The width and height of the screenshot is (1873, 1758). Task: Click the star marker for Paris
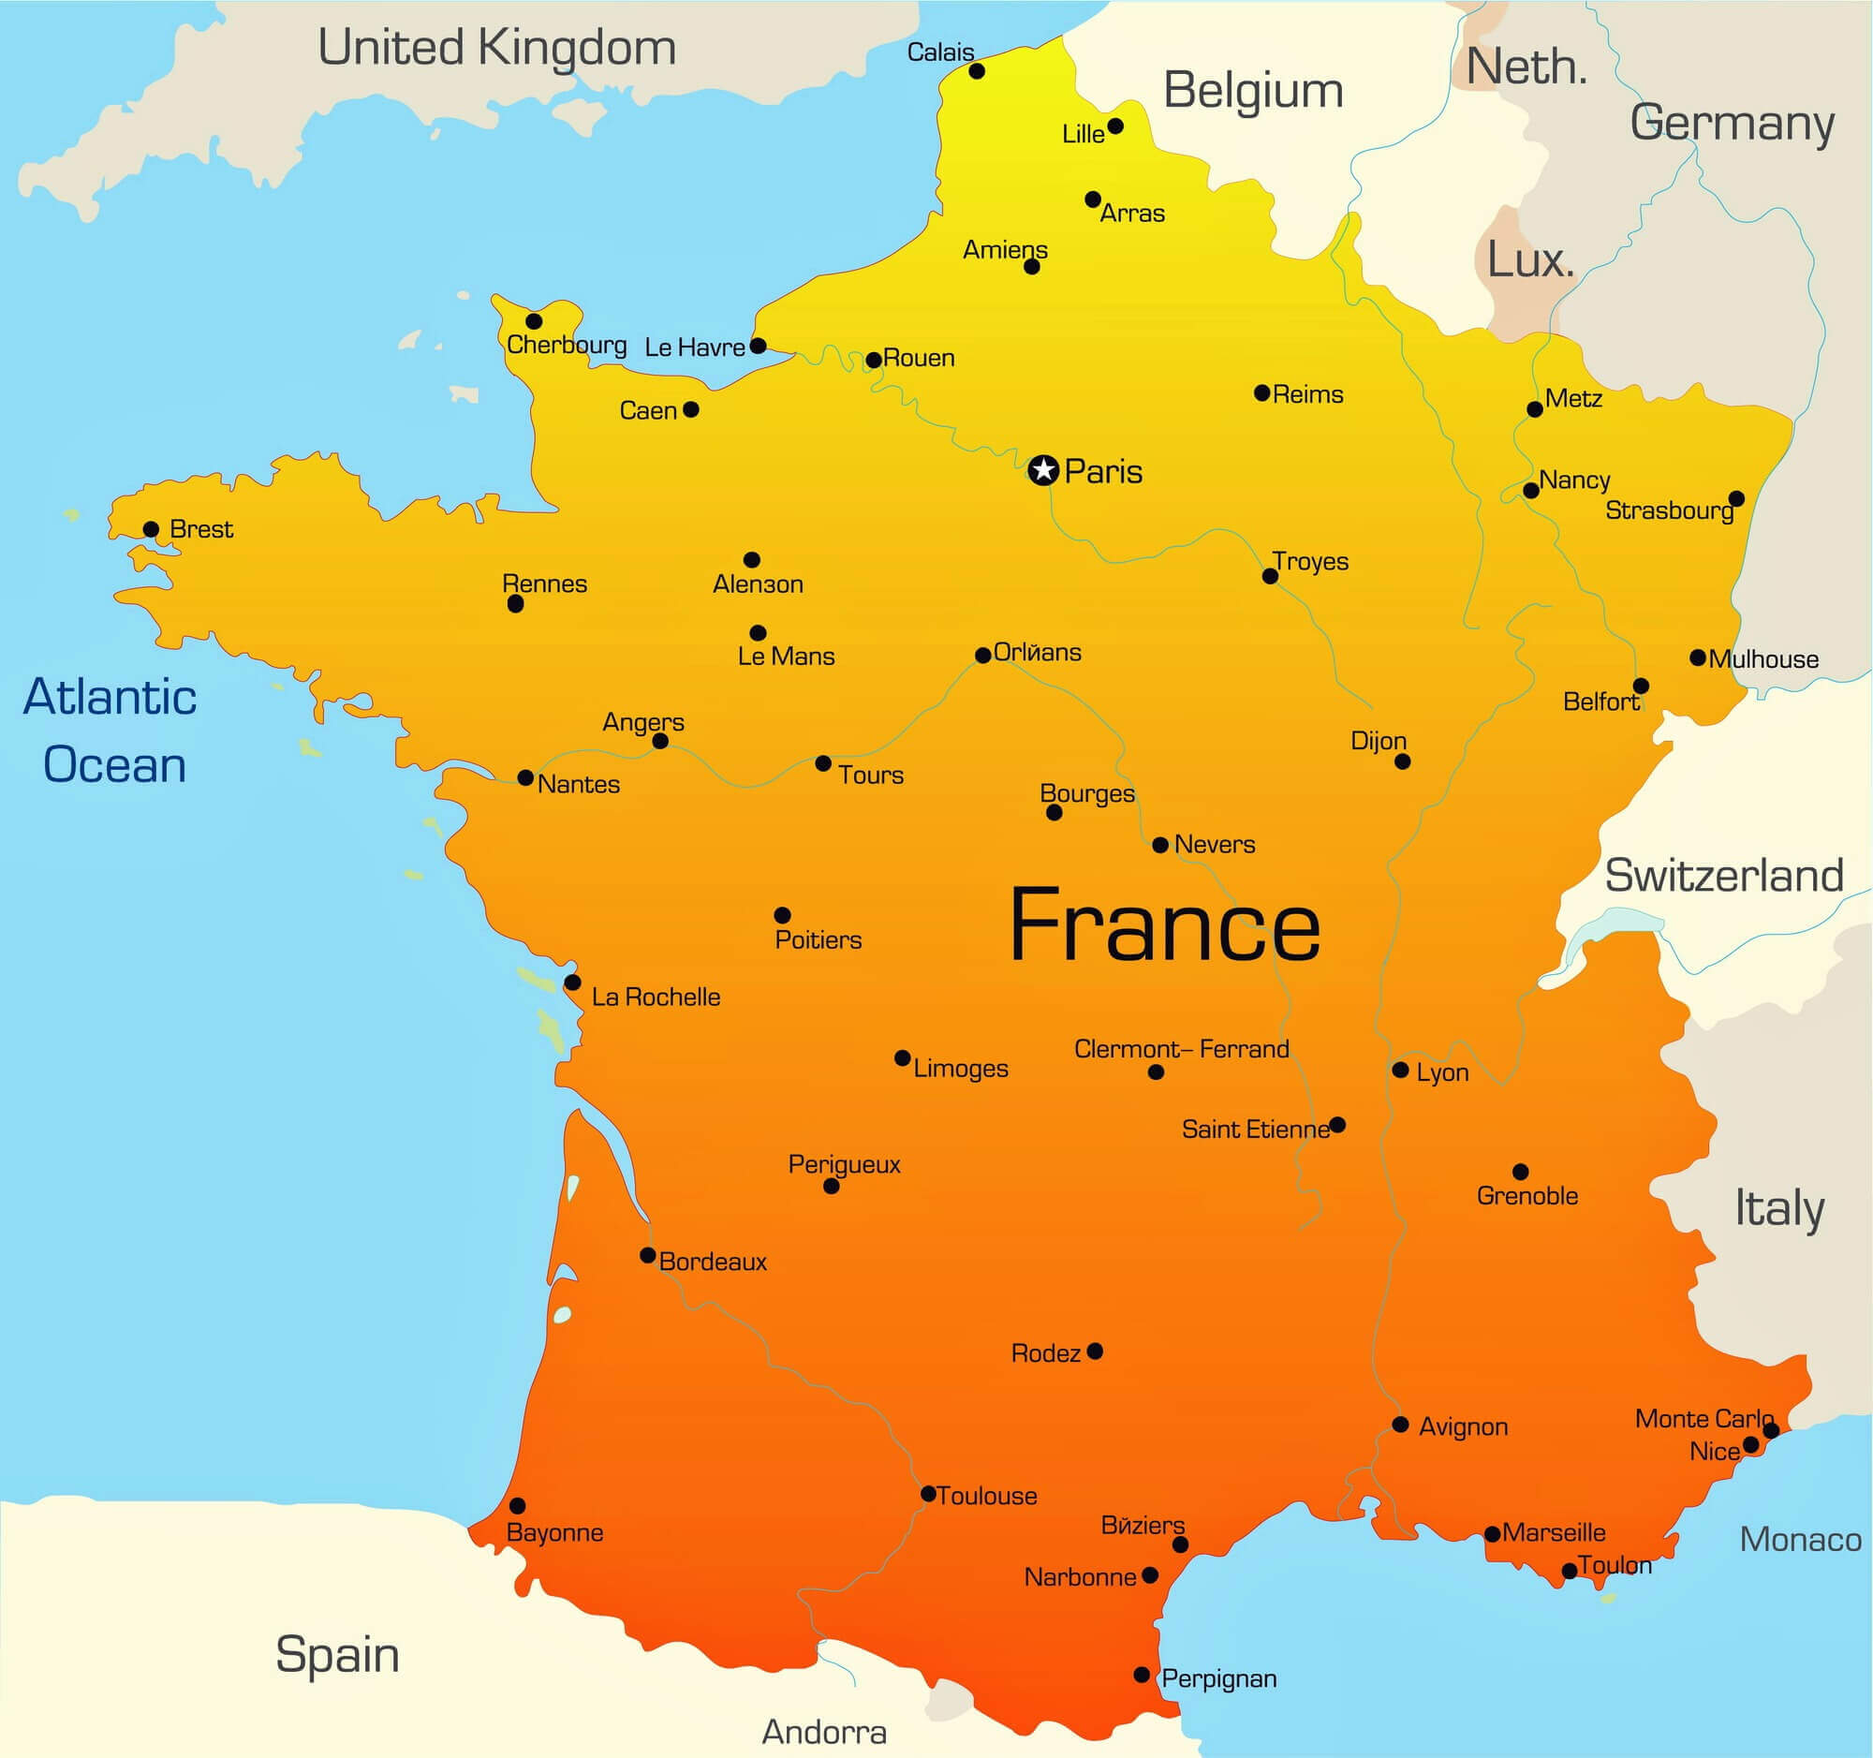pos(1043,469)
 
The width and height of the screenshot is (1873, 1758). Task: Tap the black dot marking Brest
pos(151,529)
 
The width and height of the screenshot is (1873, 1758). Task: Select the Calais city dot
pos(977,71)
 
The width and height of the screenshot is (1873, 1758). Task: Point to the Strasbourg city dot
pos(1736,498)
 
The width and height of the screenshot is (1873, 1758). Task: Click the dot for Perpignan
pos(1141,1674)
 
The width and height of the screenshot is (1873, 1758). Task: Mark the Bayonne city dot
pos(517,1505)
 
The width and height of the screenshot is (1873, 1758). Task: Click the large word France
pos(1164,927)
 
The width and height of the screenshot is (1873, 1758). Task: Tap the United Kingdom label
pos(496,48)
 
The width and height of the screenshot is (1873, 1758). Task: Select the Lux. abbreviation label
pos(1530,260)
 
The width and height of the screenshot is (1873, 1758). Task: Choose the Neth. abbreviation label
pos(1526,67)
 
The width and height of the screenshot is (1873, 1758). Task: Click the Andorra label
pos(823,1732)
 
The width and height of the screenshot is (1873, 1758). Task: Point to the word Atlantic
pos(111,698)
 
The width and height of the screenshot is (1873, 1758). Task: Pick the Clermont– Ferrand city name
pos(1182,1049)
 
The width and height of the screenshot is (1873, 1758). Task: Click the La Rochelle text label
pos(656,997)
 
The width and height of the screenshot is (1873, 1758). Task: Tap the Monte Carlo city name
pos(1703,1419)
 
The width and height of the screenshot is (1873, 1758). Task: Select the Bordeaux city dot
pos(648,1255)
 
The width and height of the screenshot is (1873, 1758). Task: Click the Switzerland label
pos(1724,876)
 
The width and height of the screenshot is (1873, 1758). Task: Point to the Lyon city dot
pos(1400,1071)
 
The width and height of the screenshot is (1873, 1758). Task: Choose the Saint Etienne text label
pos(1255,1129)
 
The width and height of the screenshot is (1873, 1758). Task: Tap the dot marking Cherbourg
pos(534,321)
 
